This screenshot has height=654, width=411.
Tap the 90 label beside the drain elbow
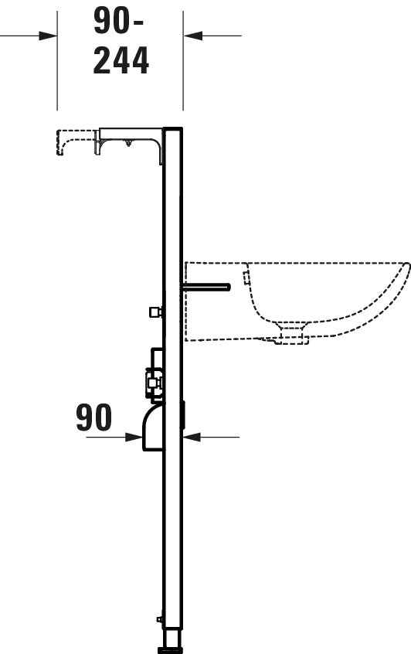coord(93,417)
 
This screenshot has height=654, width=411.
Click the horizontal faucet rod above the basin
coord(206,287)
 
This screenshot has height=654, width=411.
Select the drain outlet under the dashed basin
coord(292,332)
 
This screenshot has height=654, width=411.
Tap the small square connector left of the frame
coord(154,312)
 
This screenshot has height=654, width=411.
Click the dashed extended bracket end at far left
coord(59,143)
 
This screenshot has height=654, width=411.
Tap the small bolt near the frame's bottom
coord(158,618)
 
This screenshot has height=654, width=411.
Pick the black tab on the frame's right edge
coord(183,415)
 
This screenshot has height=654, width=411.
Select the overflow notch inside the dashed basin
coord(246,274)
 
